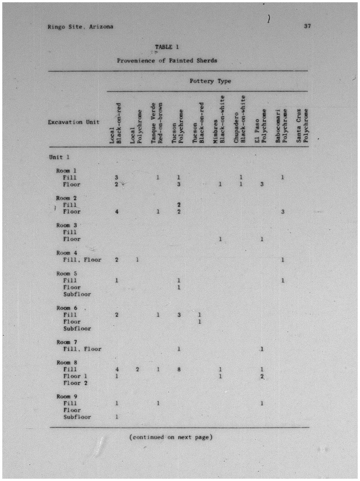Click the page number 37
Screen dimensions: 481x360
tap(307, 26)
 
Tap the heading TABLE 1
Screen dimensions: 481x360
tap(167, 47)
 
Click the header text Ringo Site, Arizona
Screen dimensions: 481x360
tap(80, 26)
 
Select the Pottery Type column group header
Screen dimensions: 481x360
tap(210, 81)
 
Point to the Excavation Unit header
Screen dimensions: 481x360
tap(74, 122)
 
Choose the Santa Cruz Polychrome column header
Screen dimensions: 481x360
tap(302, 125)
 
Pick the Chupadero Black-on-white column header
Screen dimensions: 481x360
tap(240, 119)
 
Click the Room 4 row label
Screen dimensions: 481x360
tap(67, 253)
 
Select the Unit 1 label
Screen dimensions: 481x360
tap(59, 157)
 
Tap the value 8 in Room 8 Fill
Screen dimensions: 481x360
tap(179, 369)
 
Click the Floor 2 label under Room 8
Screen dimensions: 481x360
tap(75, 383)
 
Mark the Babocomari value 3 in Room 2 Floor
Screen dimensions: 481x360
tap(283, 212)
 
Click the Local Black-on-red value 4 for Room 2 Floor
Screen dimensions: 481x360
tap(117, 212)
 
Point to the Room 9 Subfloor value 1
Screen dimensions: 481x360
tap(117, 417)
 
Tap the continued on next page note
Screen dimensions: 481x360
tap(171, 437)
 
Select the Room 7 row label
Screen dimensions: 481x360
tap(67, 342)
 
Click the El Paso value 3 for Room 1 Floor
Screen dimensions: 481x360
tap(262, 184)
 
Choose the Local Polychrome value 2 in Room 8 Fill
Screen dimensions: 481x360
tap(137, 369)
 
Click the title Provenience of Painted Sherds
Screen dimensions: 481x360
tap(167, 61)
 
